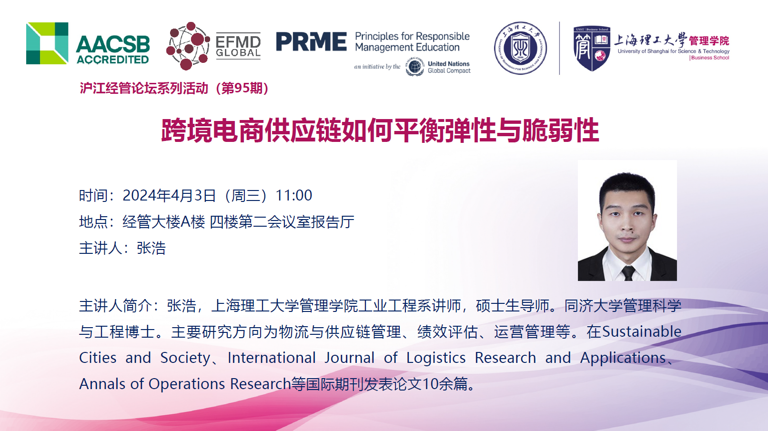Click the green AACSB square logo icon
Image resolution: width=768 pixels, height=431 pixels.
[47, 43]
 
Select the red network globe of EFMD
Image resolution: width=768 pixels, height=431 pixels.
[188, 46]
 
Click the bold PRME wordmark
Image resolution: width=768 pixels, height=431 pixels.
[311, 42]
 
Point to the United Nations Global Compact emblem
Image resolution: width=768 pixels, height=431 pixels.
[414, 67]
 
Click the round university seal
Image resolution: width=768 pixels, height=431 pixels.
[520, 48]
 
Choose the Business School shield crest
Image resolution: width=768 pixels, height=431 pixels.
[592, 49]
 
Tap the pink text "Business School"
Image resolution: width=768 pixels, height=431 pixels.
[710, 58]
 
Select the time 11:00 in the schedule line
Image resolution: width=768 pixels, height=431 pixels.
[294, 195]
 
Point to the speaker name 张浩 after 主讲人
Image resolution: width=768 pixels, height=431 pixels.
[151, 248]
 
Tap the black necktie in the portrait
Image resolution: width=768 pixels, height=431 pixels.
[628, 273]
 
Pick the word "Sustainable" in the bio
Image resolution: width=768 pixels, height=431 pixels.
[642, 331]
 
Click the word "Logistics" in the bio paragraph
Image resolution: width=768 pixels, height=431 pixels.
[436, 358]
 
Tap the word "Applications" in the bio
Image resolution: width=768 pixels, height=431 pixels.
[623, 358]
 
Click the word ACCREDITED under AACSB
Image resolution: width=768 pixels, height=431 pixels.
[113, 60]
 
